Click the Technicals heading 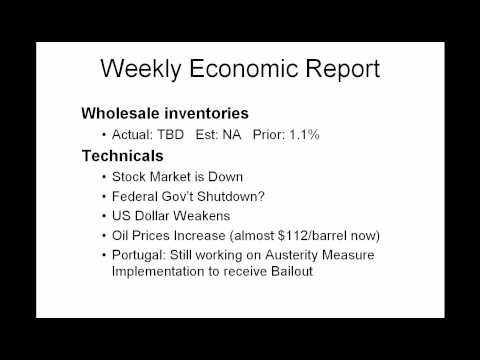pos(124,155)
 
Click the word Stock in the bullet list pos(131,176)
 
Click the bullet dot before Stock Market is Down pos(104,176)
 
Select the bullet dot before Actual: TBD pos(104,135)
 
